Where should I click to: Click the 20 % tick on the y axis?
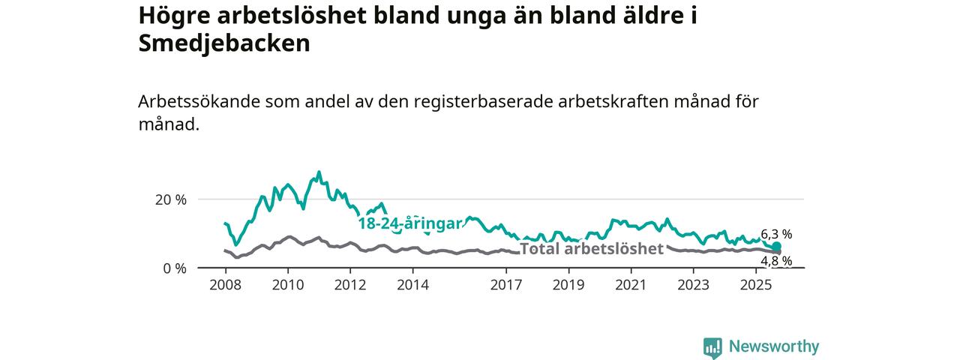point(170,199)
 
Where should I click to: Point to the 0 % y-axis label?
point(174,268)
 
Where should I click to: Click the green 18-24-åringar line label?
point(409,223)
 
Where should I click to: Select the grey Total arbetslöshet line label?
point(592,248)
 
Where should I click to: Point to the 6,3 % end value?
point(776,234)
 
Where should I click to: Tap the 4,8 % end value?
point(776,261)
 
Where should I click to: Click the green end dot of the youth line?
point(777,246)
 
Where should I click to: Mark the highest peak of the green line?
point(319,172)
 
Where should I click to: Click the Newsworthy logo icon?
point(712,347)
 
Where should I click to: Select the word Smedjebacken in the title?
point(224,43)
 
